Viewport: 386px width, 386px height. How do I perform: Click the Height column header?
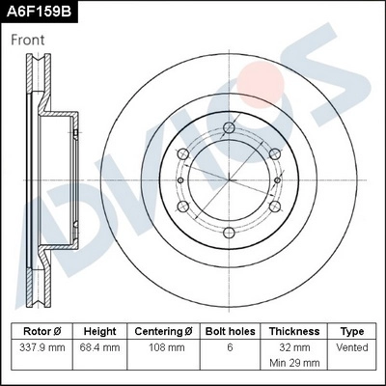coord(99,331)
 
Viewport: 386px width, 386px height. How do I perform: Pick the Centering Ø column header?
coord(165,331)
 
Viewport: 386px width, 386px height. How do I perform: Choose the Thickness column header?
coord(294,331)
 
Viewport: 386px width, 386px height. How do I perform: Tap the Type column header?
coord(353,331)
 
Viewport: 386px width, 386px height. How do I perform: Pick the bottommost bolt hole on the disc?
coord(230,231)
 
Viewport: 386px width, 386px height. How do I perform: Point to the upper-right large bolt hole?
coord(273,154)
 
